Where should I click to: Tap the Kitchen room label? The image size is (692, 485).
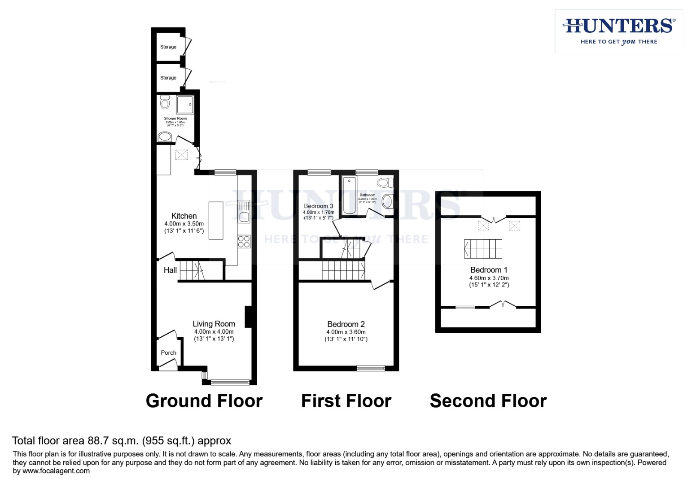(x=184, y=216)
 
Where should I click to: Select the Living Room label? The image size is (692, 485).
(x=214, y=324)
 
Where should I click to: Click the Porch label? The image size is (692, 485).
(x=169, y=353)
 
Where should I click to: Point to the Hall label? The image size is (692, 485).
(x=170, y=270)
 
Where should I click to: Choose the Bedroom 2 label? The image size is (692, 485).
(x=346, y=324)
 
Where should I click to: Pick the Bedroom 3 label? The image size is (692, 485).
(x=318, y=206)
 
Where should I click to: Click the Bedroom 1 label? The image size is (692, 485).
(x=489, y=270)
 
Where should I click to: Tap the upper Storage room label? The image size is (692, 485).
(x=168, y=47)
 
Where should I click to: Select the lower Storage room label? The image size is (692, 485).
(x=168, y=78)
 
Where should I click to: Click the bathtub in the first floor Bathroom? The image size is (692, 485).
(x=349, y=196)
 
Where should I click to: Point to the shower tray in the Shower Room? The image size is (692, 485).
(x=185, y=105)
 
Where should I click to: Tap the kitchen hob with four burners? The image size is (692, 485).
(x=244, y=242)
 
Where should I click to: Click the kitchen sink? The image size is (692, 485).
(x=244, y=216)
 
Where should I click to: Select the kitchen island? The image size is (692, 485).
(x=216, y=220)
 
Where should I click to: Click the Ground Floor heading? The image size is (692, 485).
(x=204, y=401)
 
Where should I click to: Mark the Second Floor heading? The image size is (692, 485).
(x=488, y=401)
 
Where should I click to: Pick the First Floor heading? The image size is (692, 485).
(x=346, y=401)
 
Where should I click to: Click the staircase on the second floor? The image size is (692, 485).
(x=483, y=249)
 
